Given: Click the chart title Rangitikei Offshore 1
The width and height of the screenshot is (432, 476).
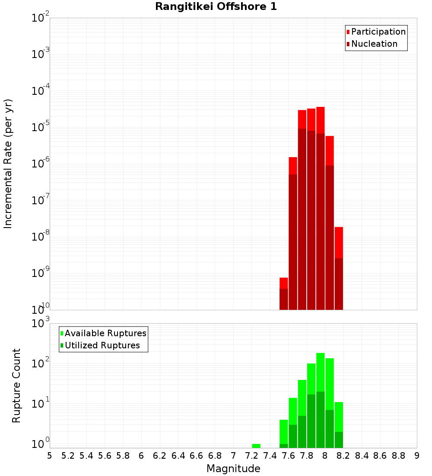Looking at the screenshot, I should coord(216,7).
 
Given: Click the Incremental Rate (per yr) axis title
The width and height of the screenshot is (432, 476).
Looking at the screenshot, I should coord(8,164).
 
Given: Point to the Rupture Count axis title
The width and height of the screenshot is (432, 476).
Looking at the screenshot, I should coord(16,386).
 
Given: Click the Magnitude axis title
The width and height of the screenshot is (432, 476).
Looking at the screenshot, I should coord(233,469).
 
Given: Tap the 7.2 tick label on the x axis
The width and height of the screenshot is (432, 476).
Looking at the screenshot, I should coord(251,456).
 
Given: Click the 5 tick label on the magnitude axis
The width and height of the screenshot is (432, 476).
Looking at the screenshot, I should coord(50,456).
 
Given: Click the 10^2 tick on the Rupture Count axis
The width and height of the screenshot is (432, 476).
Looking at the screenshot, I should coord(41,363).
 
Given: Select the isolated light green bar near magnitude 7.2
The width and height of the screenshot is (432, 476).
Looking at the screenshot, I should coord(256,446).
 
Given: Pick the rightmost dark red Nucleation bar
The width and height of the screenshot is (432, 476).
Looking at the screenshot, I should coord(339,284).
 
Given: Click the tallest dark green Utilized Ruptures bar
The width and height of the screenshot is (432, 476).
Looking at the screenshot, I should coord(321,420).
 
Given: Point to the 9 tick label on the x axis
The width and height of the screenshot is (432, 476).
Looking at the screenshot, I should coord(417,456).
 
